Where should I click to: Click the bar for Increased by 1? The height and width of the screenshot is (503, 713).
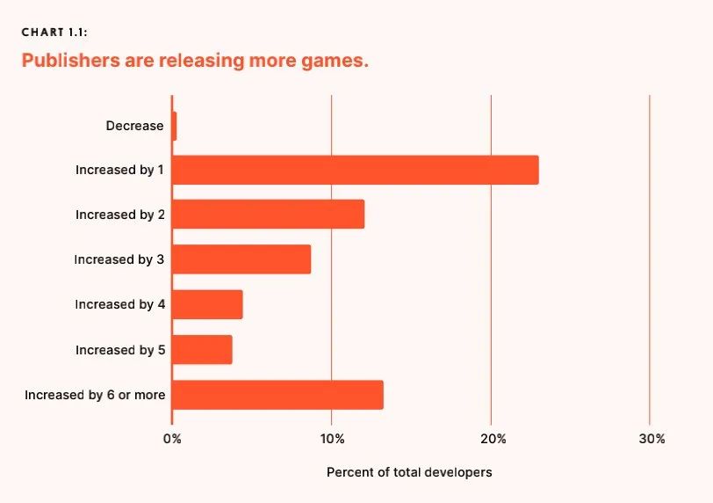click(355, 170)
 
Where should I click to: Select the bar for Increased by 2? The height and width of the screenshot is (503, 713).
click(268, 215)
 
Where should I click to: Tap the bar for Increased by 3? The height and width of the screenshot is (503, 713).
click(241, 259)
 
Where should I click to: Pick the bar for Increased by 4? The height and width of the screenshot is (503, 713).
click(207, 304)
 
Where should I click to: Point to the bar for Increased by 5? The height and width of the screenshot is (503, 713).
click(202, 350)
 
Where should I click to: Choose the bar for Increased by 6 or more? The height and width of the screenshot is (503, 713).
click(277, 395)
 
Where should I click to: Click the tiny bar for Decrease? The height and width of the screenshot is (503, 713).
click(174, 126)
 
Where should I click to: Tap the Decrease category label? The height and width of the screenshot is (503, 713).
click(134, 126)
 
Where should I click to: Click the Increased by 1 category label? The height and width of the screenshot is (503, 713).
click(119, 170)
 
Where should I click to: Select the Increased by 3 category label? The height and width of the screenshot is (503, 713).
click(119, 259)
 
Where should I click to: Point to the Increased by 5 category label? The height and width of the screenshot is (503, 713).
click(119, 350)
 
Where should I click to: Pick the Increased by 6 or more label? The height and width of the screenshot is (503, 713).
click(95, 395)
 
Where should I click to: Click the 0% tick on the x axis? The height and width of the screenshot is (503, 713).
click(172, 439)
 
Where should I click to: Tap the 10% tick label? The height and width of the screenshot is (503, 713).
click(331, 439)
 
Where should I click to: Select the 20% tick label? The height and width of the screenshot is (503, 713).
click(493, 439)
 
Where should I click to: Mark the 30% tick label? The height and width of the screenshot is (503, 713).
click(652, 439)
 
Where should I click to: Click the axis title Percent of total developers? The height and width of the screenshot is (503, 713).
click(409, 472)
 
